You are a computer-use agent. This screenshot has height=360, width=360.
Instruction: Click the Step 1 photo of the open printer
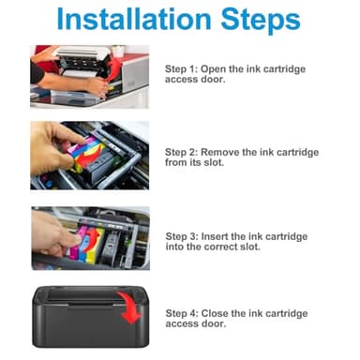89,75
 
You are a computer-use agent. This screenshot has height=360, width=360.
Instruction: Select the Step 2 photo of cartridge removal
89,155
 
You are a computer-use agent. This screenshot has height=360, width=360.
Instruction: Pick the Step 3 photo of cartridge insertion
89,237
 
